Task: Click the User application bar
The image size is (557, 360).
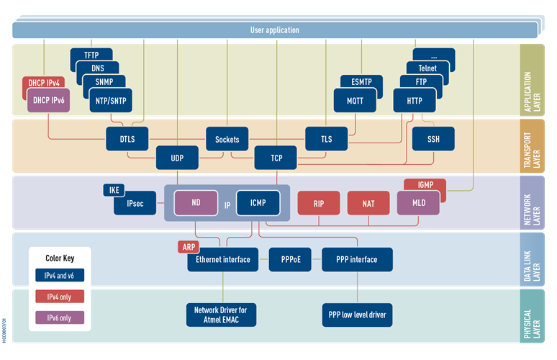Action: tap(274, 30)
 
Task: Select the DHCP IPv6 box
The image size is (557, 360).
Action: tap(47, 101)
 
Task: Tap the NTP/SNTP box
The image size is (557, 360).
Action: tap(111, 101)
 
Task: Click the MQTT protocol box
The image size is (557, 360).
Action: tap(355, 101)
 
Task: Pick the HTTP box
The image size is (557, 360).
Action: tap(415, 101)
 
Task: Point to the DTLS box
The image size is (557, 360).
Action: tap(126, 139)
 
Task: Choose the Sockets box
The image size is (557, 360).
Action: tap(227, 139)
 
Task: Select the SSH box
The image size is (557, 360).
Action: tap(433, 139)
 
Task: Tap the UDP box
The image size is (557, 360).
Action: tap(177, 158)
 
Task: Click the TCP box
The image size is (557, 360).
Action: tap(275, 158)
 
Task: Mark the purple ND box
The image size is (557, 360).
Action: tap(196, 203)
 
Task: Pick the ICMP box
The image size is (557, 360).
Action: tap(258, 203)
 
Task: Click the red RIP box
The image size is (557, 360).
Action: tap(318, 204)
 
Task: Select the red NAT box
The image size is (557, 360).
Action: tap(368, 204)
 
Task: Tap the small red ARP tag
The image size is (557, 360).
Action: tap(189, 247)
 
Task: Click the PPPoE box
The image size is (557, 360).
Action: tap(290, 260)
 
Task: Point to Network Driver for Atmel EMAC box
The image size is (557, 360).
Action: tap(221, 314)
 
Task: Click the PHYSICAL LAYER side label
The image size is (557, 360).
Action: tap(532, 315)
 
